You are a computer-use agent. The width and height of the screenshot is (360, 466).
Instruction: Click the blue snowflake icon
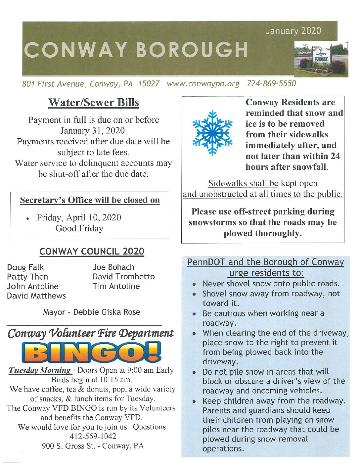212,133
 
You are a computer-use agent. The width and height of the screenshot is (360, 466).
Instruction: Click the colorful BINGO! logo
91,352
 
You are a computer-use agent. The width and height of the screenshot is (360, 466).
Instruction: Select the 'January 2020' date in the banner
293,31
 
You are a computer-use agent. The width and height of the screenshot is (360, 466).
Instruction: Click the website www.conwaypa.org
203,84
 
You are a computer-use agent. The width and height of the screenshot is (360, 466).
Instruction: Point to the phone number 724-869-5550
271,84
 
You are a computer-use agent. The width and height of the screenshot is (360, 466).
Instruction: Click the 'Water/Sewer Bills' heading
94,103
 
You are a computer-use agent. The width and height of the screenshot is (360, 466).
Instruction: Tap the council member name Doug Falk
25,267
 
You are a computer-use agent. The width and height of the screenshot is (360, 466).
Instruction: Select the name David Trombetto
123,277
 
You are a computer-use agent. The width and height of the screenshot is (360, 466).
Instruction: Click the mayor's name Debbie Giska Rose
107,312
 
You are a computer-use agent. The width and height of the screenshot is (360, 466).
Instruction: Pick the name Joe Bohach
113,267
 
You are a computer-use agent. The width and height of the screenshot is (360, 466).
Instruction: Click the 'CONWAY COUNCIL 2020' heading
92,252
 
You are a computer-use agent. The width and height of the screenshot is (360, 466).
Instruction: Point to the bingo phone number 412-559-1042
93,437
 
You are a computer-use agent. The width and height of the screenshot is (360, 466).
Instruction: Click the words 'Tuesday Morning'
39,370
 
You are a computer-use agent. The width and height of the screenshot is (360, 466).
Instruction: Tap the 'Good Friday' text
79,228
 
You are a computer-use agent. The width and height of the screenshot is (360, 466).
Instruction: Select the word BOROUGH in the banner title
192,50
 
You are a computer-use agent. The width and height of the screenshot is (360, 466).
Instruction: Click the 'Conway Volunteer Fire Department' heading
90,333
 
